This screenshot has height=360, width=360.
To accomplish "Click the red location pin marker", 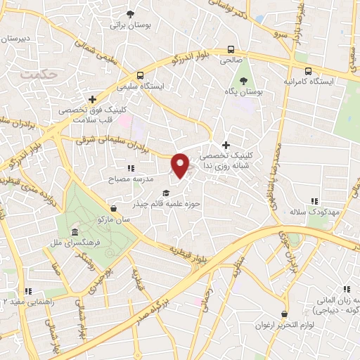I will point(181,165).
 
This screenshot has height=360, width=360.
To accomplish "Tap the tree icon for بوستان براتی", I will point(130,14).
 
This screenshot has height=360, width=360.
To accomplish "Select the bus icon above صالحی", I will point(231,49).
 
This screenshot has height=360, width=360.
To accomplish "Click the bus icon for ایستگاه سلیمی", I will point(141,75).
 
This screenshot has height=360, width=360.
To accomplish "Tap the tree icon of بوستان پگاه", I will point(244,81).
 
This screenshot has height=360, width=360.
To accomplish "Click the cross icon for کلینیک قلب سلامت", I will point(92,99).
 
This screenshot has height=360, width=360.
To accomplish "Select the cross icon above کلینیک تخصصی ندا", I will point(225,144).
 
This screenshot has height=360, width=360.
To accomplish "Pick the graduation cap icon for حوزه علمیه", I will point(166,193).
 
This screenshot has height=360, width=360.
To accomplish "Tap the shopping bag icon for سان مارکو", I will point(114,208).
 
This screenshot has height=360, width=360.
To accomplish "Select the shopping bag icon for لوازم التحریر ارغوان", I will point(283,314).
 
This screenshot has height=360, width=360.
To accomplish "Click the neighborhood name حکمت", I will point(37,72).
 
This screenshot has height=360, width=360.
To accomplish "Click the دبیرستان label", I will point(15,39).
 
